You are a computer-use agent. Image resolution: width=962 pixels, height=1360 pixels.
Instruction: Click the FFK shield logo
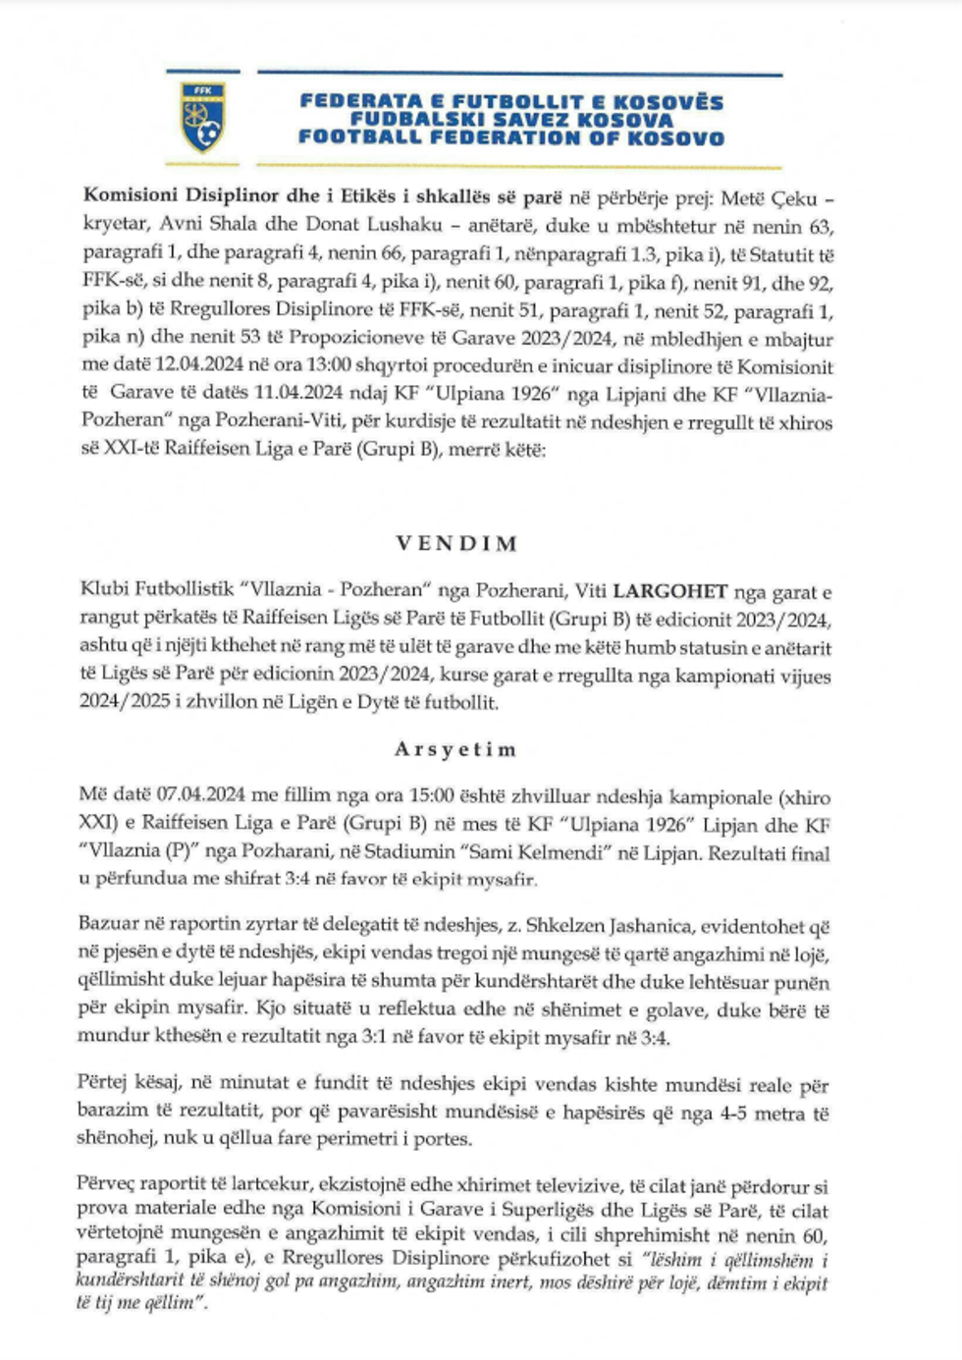(203, 117)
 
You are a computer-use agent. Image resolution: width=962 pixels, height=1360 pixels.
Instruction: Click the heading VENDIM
(456, 544)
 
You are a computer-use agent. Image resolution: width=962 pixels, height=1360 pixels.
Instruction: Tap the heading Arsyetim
(454, 749)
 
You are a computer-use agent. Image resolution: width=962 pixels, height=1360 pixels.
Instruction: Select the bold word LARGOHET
(670, 591)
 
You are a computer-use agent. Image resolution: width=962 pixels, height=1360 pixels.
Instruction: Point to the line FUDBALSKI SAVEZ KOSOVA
(512, 120)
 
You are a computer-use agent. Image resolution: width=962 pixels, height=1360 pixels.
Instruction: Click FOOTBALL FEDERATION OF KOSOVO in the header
(511, 138)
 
